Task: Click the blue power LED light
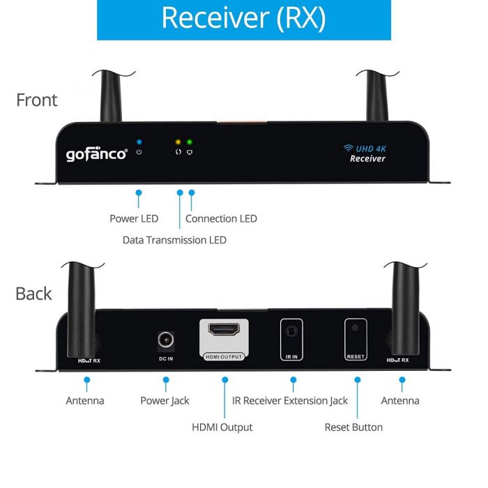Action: (x=139, y=142)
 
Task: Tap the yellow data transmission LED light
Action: (x=178, y=142)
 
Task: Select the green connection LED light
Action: (x=189, y=142)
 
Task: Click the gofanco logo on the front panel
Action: (x=97, y=154)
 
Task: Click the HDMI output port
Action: (x=224, y=330)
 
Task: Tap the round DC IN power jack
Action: (x=166, y=340)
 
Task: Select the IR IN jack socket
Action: (x=291, y=331)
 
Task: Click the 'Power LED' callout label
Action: (x=134, y=218)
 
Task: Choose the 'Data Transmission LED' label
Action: (x=174, y=240)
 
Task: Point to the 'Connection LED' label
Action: (x=221, y=218)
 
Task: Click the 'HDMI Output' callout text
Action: (x=222, y=427)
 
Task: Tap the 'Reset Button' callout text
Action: (x=353, y=427)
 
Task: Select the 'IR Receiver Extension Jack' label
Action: (x=290, y=401)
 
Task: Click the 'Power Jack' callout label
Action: (x=165, y=401)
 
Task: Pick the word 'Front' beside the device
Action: (x=37, y=100)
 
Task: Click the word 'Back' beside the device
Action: (x=33, y=293)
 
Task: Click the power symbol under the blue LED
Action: (x=139, y=152)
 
